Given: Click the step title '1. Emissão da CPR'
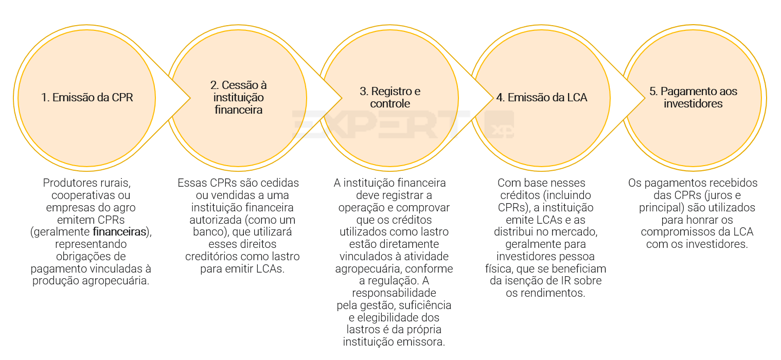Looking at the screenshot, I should pos(87,97).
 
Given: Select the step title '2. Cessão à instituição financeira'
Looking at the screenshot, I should pos(238,97).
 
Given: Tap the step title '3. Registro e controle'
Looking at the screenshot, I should pos(390,97).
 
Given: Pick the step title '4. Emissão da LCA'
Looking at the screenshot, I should pos(541,97).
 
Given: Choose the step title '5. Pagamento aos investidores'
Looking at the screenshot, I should pos(693,97).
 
